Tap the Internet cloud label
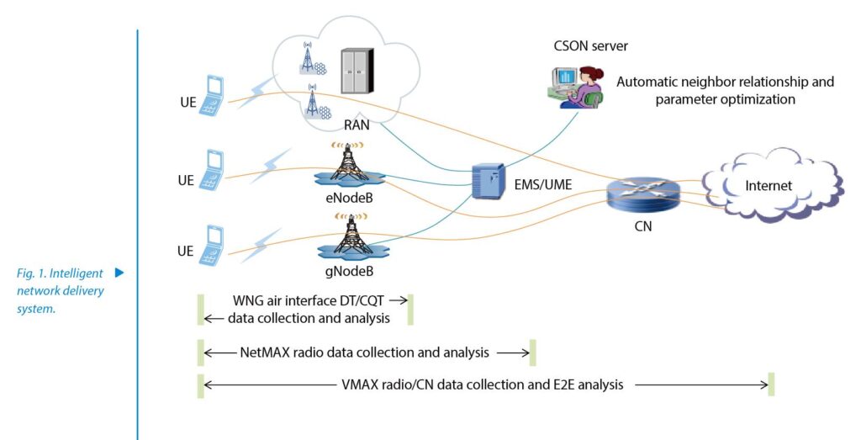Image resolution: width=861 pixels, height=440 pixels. [x=769, y=185]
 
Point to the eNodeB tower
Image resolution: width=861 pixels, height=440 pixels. [x=349, y=166]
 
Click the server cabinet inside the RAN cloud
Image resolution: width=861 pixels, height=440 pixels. [x=357, y=72]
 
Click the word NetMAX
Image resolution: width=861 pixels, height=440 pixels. [x=261, y=353]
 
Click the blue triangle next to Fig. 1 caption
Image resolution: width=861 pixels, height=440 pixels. [x=119, y=273]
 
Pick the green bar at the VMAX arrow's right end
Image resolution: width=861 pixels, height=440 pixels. [x=771, y=384]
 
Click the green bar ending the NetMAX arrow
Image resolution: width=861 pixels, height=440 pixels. [x=532, y=353]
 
